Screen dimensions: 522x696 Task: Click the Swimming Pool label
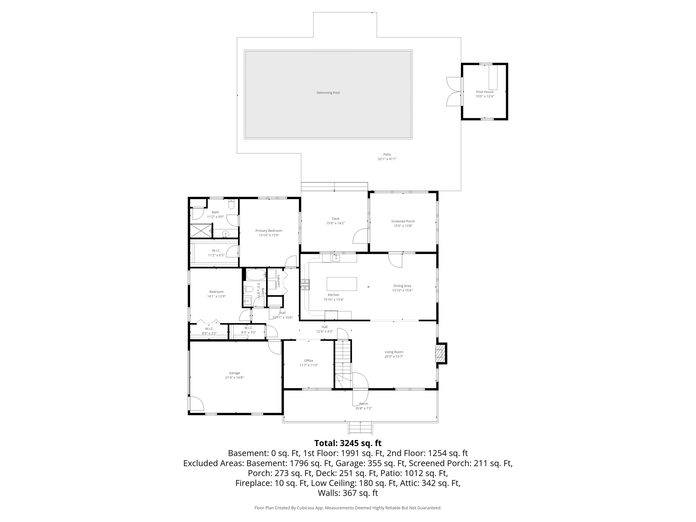click(x=328, y=93)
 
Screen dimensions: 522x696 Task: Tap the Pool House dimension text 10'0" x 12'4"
click(x=485, y=96)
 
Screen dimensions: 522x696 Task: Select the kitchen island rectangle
click(x=342, y=284)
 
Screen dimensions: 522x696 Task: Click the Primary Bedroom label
click(x=269, y=231)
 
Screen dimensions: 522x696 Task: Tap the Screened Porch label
click(x=403, y=221)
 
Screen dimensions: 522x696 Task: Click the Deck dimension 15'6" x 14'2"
click(x=335, y=223)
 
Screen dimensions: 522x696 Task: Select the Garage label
click(x=234, y=373)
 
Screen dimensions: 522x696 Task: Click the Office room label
click(x=308, y=361)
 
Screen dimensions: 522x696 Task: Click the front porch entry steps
click(x=360, y=428)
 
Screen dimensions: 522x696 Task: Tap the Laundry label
click(x=278, y=281)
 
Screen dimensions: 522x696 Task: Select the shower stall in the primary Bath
click(x=200, y=231)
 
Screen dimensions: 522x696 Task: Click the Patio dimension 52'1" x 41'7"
click(x=387, y=159)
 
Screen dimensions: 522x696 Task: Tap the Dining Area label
click(x=402, y=286)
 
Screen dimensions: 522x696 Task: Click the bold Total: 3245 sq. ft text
click(x=348, y=443)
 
